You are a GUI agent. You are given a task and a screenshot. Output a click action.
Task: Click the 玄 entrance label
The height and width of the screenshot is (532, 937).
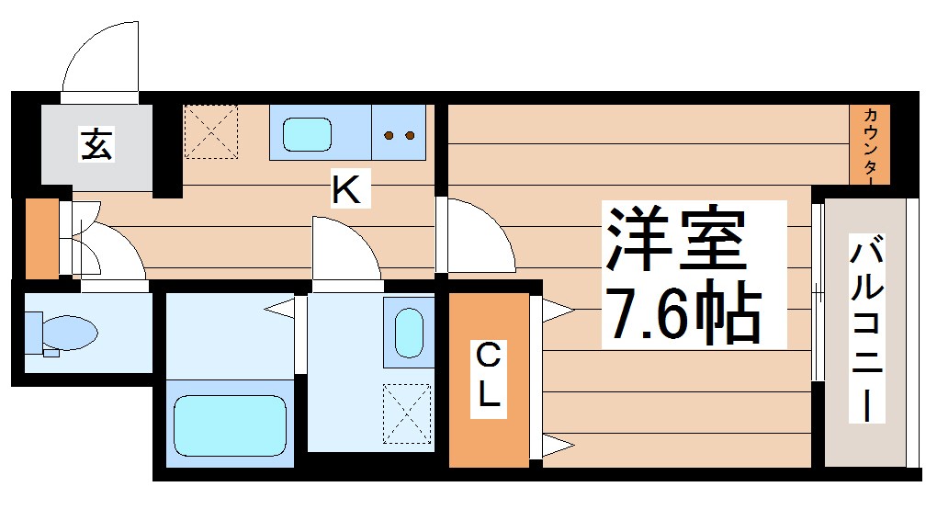[96, 144]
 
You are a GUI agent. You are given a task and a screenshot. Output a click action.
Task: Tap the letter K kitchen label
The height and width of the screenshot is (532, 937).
[346, 190]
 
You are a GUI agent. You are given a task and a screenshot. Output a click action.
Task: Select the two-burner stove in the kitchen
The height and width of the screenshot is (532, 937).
[399, 135]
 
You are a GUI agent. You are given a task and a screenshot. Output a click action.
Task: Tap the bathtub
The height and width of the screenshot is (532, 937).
[231, 424]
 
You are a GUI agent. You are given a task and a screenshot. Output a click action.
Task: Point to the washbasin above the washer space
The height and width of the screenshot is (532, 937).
[408, 331]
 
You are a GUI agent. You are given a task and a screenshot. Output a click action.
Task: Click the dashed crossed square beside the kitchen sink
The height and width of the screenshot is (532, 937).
[211, 131]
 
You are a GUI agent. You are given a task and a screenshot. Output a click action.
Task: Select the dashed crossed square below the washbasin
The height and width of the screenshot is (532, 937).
[407, 412]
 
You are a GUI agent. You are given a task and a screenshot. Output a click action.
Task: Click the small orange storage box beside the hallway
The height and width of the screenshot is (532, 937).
[40, 238]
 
